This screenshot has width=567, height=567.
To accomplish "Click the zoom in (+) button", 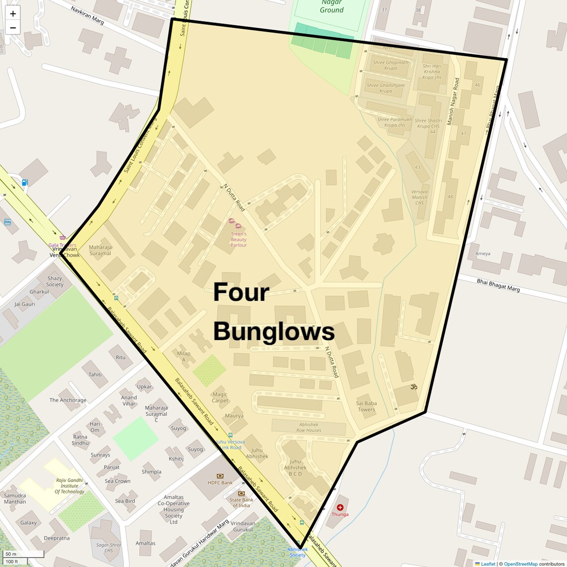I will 13,14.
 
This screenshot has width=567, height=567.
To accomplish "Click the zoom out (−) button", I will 13,28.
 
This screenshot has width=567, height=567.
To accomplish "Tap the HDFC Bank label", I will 220,482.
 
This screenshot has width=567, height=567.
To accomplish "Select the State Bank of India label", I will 241,502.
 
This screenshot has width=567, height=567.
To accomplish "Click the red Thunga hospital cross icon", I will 340,507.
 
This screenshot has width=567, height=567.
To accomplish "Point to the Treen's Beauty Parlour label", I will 238,239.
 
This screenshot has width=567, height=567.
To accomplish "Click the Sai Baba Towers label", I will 367,406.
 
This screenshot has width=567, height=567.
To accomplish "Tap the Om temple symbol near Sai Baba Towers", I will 413,386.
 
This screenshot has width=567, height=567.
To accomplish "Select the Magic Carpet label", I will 220,397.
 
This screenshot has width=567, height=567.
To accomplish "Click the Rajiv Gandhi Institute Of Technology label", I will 70,486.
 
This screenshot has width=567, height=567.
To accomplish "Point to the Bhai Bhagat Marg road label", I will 498,285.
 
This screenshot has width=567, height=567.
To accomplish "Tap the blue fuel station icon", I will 25,182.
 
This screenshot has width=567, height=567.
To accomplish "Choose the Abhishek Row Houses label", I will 308,427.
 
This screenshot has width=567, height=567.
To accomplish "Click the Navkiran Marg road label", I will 87,16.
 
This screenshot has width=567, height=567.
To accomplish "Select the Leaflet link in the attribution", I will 488,564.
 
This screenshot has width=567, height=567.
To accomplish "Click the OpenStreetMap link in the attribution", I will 520,564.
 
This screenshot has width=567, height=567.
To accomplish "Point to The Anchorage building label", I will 68,400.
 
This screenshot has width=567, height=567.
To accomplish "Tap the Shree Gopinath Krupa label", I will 390,65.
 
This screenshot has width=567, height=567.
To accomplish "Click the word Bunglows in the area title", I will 274,332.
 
